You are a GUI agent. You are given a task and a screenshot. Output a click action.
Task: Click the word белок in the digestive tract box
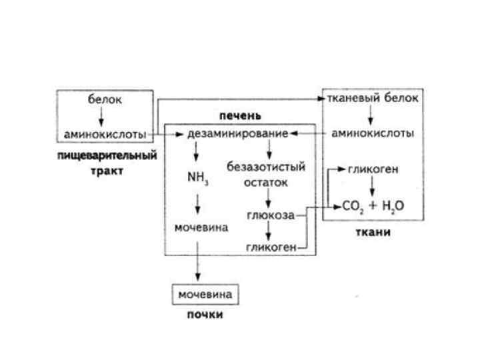click(x=105, y=100)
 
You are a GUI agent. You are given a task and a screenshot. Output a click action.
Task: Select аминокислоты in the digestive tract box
click(x=105, y=134)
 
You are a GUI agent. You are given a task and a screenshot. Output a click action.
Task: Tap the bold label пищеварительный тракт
click(x=107, y=163)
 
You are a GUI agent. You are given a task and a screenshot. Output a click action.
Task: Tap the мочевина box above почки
click(x=204, y=293)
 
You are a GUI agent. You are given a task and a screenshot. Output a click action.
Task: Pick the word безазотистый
click(x=265, y=167)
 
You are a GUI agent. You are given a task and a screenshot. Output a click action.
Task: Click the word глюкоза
click(x=271, y=215)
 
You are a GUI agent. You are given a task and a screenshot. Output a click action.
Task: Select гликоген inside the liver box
click(x=271, y=248)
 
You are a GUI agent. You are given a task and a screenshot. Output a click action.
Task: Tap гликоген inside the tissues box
click(x=373, y=170)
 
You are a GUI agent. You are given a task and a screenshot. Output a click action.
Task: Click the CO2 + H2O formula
click(x=373, y=207)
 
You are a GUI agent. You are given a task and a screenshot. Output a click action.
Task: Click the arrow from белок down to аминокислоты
click(x=101, y=117)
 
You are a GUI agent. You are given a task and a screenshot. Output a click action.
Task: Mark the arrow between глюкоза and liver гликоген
click(x=269, y=231)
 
